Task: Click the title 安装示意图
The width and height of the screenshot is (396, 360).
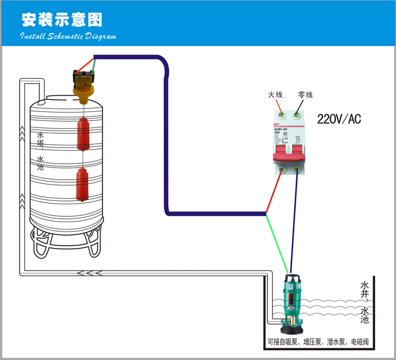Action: tap(61, 20)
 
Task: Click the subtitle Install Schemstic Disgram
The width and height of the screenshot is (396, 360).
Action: tap(68, 36)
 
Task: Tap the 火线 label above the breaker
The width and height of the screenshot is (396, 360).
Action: tap(275, 95)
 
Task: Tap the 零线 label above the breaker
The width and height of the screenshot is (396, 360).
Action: tap(305, 95)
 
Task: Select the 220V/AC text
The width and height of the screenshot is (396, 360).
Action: tap(338, 119)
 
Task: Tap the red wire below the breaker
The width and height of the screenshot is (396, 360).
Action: tap(274, 193)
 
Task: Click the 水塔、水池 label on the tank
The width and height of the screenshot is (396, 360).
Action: tap(41, 151)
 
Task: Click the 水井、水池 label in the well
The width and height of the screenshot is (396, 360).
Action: tap(364, 301)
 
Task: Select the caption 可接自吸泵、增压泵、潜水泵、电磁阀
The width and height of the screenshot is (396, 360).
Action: tap(317, 343)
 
